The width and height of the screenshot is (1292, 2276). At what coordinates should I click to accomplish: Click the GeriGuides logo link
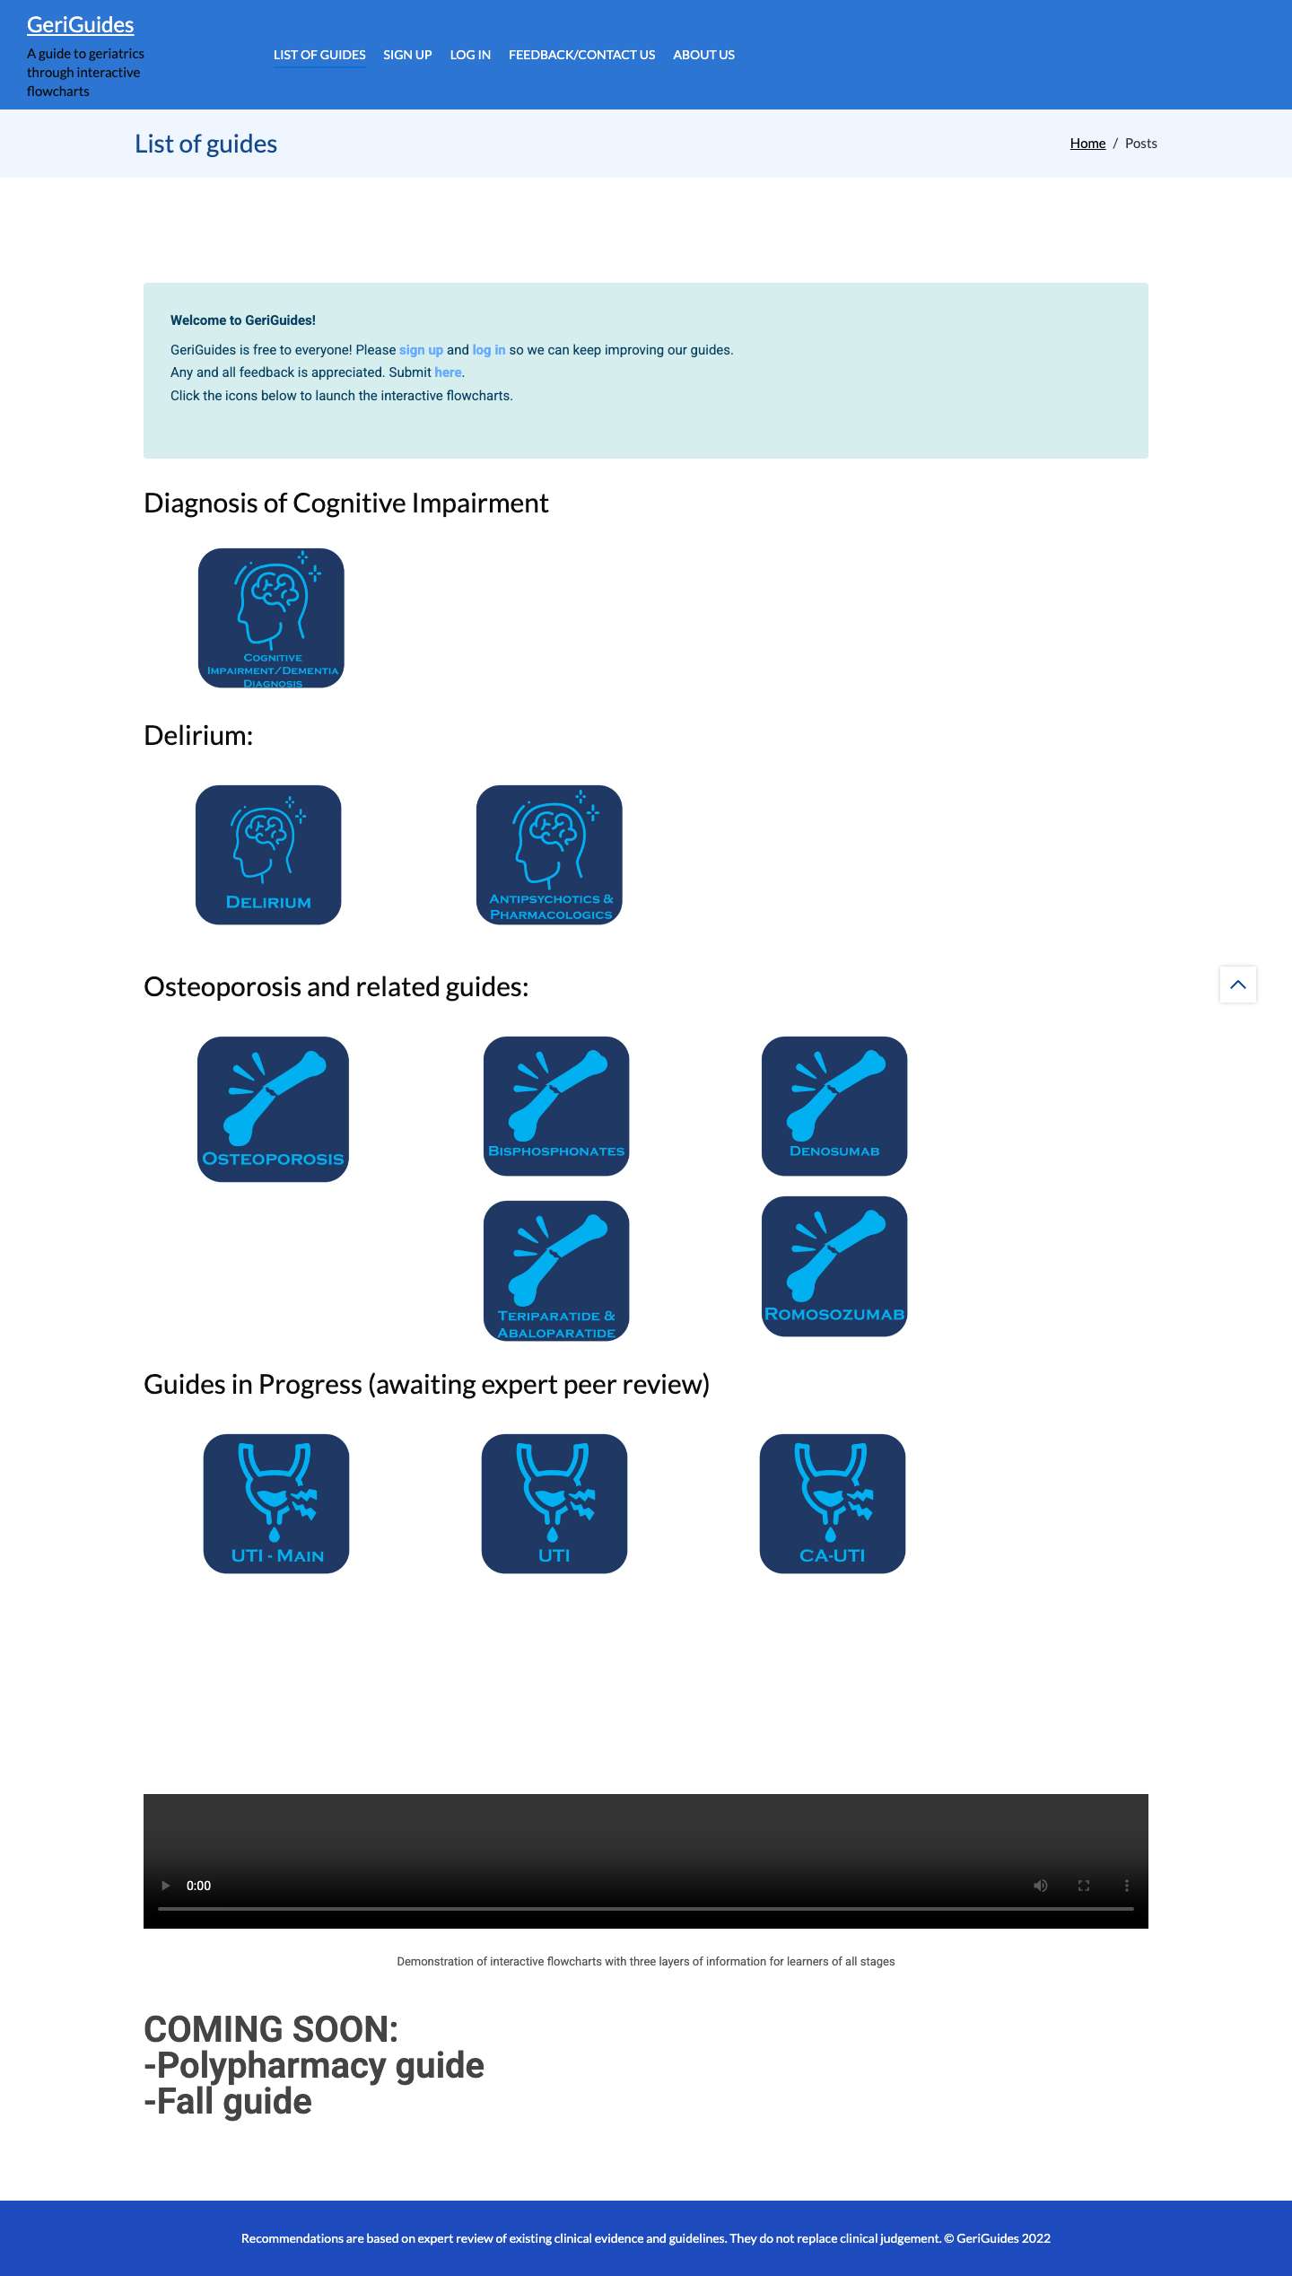80,25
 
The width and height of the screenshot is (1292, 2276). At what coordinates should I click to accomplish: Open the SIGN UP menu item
407,55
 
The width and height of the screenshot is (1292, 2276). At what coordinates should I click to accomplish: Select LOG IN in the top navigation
470,55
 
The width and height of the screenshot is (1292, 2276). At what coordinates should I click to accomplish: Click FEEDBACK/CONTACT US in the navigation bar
581,55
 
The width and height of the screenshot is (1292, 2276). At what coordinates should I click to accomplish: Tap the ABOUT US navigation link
703,55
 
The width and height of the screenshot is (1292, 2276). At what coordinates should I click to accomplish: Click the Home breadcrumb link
1087,144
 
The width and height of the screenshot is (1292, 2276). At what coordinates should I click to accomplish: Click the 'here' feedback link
448,372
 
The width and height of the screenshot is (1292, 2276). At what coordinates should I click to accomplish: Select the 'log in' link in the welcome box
489,350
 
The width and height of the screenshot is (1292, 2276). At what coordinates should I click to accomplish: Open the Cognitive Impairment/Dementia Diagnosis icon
271,618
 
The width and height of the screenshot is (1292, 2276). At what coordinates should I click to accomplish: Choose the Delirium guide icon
268,854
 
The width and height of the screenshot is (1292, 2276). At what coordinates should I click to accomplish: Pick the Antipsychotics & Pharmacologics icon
549,854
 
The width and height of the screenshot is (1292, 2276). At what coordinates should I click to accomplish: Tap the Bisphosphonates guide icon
556,1106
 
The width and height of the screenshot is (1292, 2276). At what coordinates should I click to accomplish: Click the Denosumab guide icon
834,1106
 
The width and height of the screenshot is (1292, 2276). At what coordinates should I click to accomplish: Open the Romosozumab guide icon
834,1266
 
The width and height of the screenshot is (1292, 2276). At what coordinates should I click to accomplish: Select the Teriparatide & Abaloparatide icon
556,1271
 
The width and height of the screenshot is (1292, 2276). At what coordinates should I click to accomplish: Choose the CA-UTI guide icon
833,1503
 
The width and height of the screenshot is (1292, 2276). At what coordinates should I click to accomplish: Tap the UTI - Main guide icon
276,1503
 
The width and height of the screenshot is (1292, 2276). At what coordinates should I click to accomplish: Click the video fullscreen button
1084,1886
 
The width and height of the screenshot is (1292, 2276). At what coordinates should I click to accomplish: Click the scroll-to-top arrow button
1238,985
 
